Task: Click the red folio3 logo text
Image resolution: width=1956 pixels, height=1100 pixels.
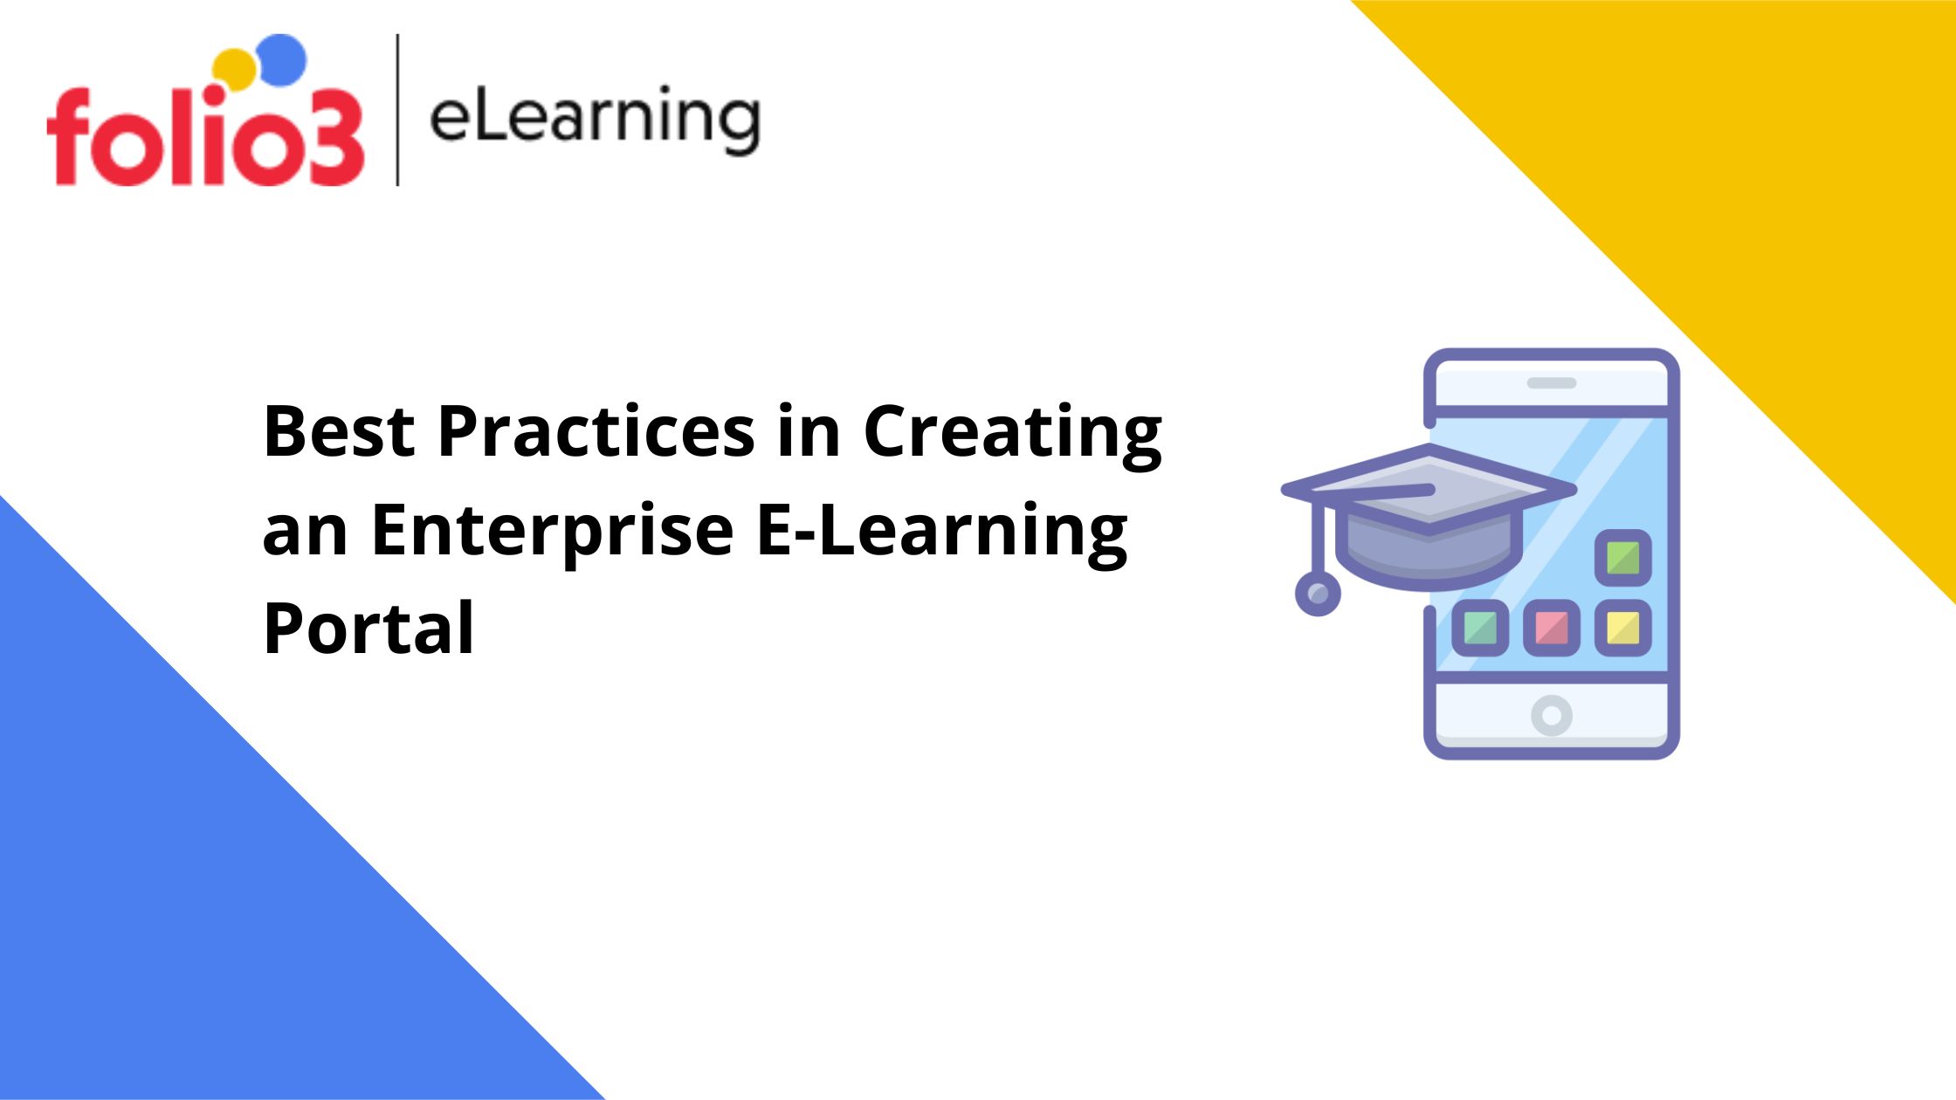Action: tap(205, 137)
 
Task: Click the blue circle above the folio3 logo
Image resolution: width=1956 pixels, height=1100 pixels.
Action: tap(283, 59)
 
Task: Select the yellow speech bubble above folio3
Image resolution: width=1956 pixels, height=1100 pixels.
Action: tap(233, 70)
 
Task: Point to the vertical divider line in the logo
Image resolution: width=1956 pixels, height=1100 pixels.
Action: tap(398, 110)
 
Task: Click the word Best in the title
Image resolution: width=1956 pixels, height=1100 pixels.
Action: tap(339, 430)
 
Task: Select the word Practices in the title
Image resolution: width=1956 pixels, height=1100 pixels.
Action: tap(596, 430)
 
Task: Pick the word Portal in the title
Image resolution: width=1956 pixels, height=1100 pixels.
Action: tap(368, 628)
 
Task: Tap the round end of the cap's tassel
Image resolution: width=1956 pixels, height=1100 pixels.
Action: tap(1318, 594)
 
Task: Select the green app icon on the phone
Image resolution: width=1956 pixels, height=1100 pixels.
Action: tap(1623, 558)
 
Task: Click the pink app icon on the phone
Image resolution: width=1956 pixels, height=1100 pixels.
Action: tap(1552, 628)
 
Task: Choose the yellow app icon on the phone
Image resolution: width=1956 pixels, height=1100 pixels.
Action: tap(1623, 628)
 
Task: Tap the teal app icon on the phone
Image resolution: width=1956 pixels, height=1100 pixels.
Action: tap(1480, 628)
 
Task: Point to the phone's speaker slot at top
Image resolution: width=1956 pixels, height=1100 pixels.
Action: tap(1552, 383)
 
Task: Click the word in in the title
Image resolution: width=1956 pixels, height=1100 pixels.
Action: tap(809, 430)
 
